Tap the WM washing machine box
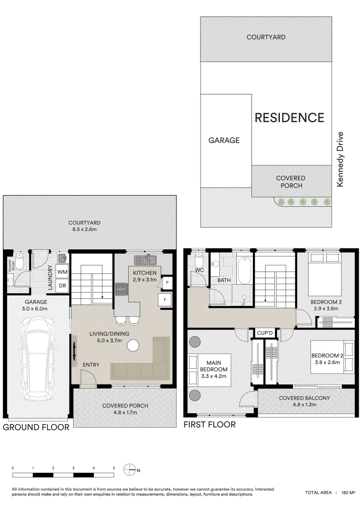62,272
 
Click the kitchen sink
145,260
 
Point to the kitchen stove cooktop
121,289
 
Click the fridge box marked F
165,299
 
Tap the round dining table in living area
134,346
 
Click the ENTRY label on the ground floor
91,365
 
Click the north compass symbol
129,469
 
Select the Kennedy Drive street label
340,159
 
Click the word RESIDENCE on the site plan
289,118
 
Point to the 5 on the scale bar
114,467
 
